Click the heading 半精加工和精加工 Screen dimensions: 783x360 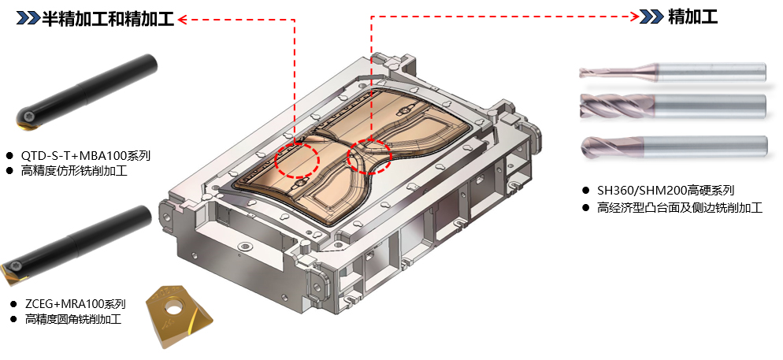107,19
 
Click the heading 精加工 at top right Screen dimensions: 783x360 692,17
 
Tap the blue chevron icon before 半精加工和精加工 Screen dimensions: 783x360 28,19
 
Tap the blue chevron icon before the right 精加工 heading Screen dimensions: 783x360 652,17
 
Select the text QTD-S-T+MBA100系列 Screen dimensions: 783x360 85,156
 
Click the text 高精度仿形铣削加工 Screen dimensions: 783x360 74,171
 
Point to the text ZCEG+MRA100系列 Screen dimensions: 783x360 76,303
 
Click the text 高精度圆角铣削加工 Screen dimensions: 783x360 73,319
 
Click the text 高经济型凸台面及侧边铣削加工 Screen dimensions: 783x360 680,208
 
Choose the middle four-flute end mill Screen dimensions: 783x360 673,106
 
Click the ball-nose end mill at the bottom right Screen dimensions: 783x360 674,148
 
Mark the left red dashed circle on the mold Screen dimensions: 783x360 297,160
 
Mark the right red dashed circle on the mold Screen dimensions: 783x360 369,157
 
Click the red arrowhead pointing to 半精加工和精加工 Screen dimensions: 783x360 182,20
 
